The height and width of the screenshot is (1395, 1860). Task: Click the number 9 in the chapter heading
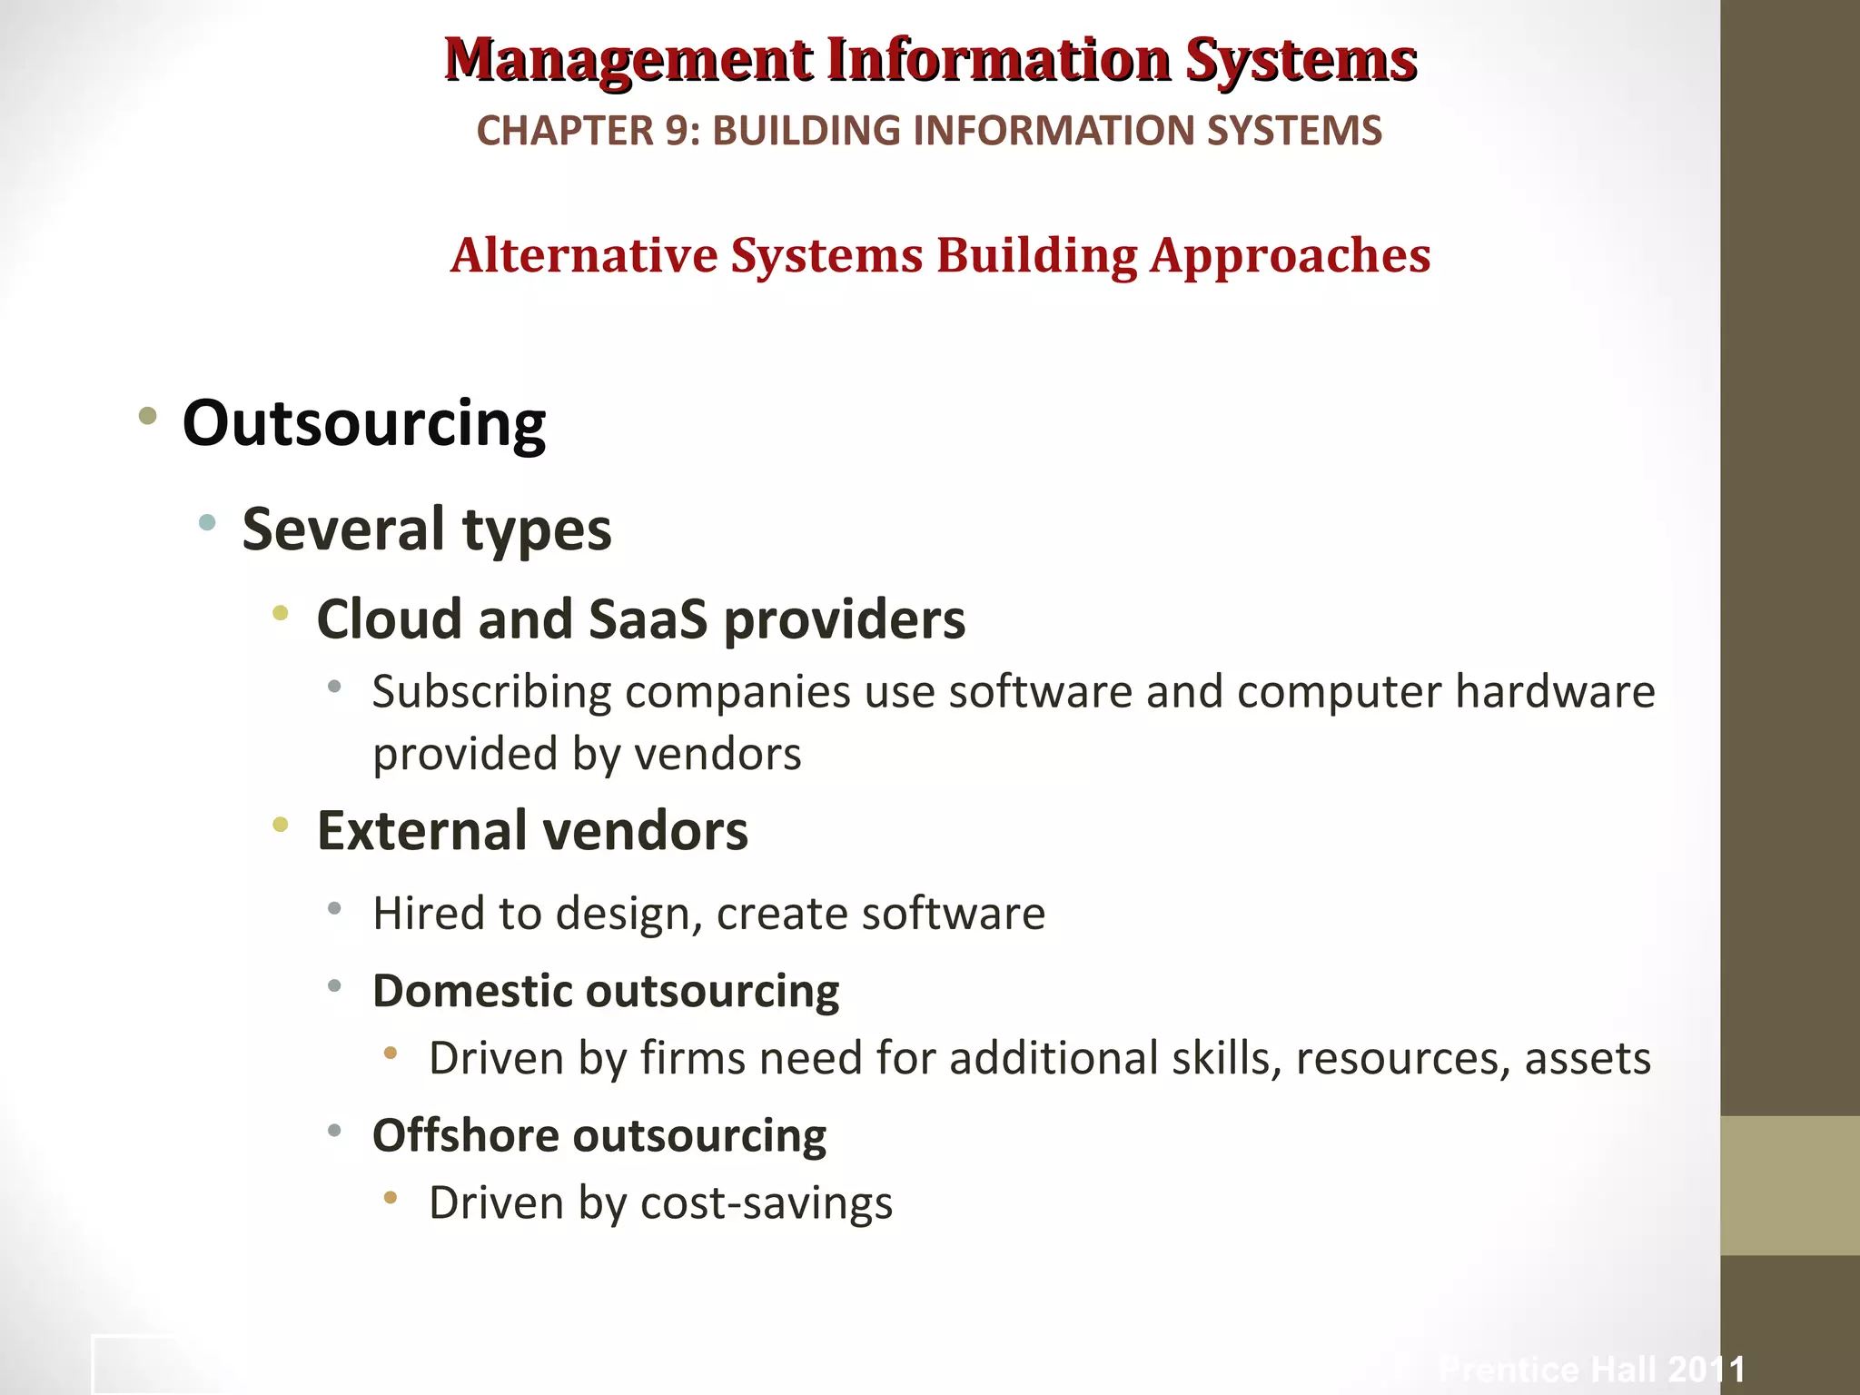click(677, 131)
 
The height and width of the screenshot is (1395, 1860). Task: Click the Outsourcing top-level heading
click(364, 423)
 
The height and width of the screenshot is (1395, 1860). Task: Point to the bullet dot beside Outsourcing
click(147, 418)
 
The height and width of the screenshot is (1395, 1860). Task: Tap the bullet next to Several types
click(207, 522)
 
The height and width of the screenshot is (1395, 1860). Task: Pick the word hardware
click(1555, 692)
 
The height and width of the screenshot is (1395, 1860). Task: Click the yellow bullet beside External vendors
click(281, 825)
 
